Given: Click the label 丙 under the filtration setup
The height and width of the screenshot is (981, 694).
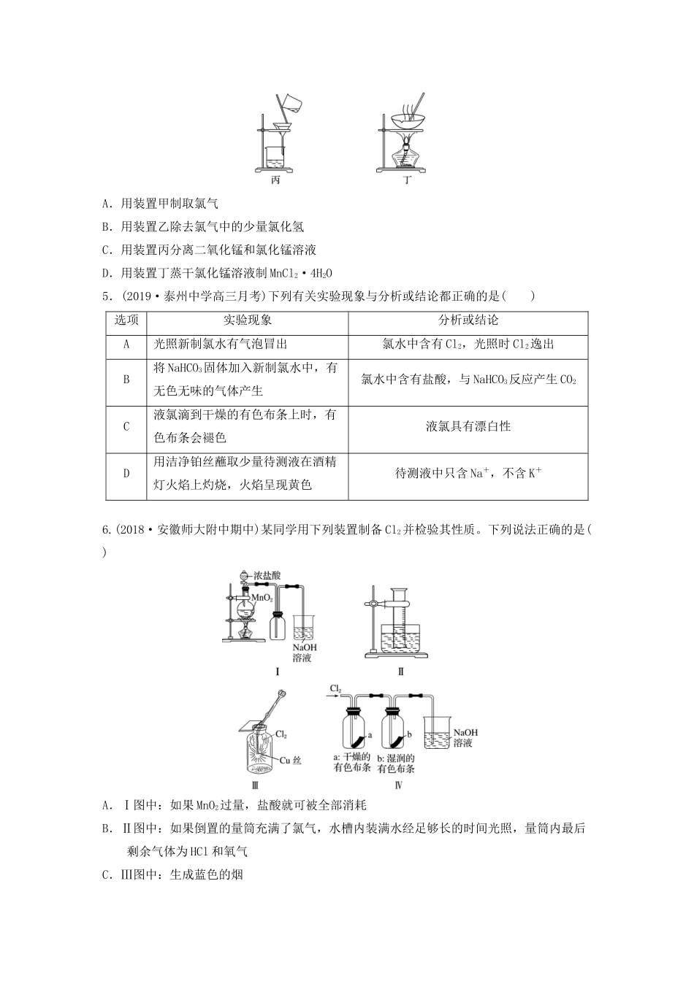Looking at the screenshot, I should pos(275,180).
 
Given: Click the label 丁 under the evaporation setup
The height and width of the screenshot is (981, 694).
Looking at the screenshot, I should pos(407,180).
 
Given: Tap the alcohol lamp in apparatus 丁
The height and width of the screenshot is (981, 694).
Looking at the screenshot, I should pos(406,155).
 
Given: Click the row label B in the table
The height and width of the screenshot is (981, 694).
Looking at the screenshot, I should pos(126,380).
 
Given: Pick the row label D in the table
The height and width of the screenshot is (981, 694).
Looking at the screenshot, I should pos(126,473).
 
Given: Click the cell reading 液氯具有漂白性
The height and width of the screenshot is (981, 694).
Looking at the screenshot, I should pos(468,426).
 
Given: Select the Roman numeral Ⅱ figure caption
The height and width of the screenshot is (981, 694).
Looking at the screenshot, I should pos(400,671).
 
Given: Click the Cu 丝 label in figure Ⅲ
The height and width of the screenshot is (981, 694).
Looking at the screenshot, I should pos(291,760).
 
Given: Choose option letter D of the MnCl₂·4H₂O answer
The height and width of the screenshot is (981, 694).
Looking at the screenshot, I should pos(107,273).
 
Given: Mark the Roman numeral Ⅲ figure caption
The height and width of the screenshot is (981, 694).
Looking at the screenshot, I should pos(255,785).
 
